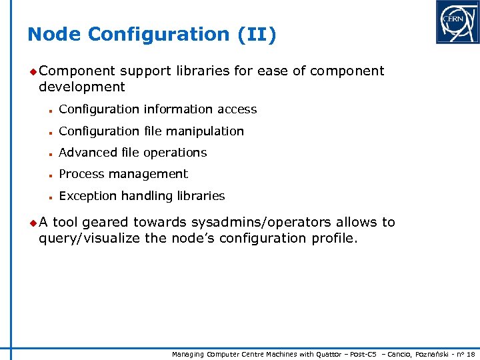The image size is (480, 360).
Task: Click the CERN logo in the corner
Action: (x=457, y=22)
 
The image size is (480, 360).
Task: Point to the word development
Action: (x=82, y=87)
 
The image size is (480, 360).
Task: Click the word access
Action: (x=239, y=109)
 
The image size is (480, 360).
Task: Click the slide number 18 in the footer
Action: (x=471, y=354)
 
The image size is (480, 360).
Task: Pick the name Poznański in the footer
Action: (x=434, y=354)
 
